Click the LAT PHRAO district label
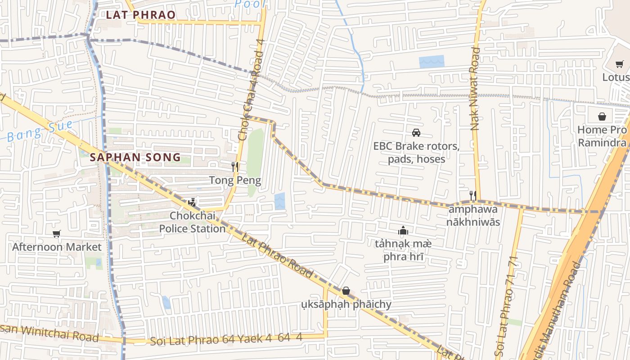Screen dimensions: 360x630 [141, 15]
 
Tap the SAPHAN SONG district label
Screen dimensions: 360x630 [135, 157]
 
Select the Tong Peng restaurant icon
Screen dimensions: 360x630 [234, 167]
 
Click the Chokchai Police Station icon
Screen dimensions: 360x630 [192, 202]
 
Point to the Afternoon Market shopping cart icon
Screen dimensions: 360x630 [56, 234]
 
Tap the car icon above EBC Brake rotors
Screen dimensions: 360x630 [416, 133]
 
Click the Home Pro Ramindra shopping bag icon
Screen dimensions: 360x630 [602, 117]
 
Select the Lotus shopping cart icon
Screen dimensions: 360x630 [620, 64]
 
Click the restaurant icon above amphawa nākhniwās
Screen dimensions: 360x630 [472, 195]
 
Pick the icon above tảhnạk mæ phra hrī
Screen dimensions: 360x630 [403, 231]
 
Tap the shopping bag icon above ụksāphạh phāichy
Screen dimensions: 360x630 [346, 291]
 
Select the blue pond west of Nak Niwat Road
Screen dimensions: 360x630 [432, 62]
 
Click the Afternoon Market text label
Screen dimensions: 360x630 [57, 247]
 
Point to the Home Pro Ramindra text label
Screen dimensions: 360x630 [602, 136]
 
